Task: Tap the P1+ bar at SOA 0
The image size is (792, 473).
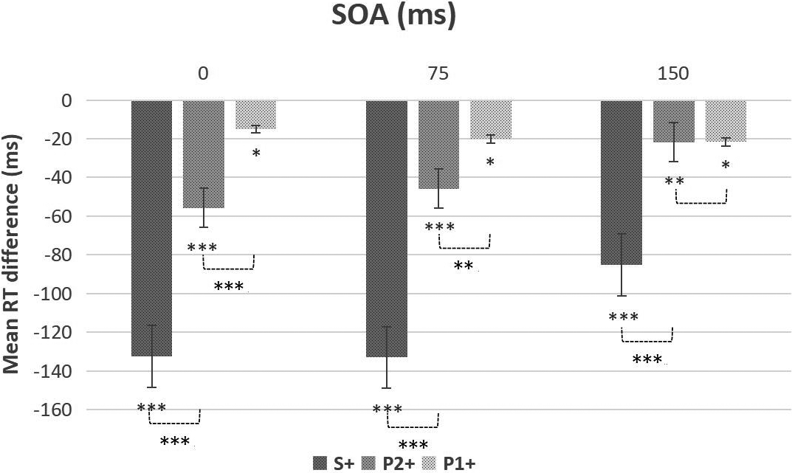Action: tap(255, 114)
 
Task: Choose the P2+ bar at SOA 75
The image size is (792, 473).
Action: tap(438, 145)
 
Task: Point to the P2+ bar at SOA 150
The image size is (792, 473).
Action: tap(673, 121)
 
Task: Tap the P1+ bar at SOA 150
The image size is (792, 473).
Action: tap(726, 120)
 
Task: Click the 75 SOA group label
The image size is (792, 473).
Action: tap(438, 74)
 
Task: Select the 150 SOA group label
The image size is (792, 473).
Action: tap(673, 74)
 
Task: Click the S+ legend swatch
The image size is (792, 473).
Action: tap(320, 463)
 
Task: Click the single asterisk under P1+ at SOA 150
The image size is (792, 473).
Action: tap(726, 166)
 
